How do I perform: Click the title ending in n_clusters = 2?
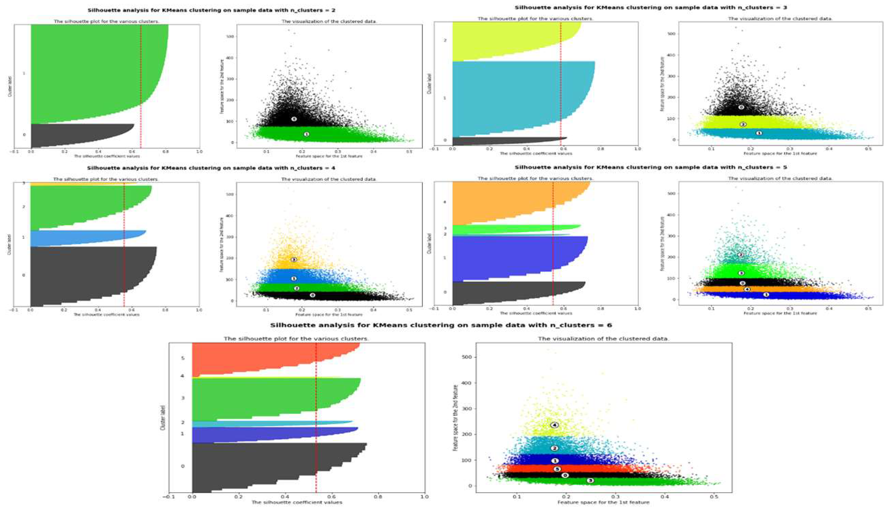point(211,10)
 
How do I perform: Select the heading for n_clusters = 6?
point(441,325)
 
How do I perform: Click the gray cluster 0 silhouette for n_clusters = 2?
point(70,135)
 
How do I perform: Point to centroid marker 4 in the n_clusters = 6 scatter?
point(554,425)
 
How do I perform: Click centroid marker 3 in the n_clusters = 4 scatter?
point(294,260)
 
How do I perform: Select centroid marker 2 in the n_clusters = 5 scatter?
point(741,255)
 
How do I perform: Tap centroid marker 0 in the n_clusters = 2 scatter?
point(294,119)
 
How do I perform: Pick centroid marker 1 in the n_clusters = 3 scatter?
point(759,133)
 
